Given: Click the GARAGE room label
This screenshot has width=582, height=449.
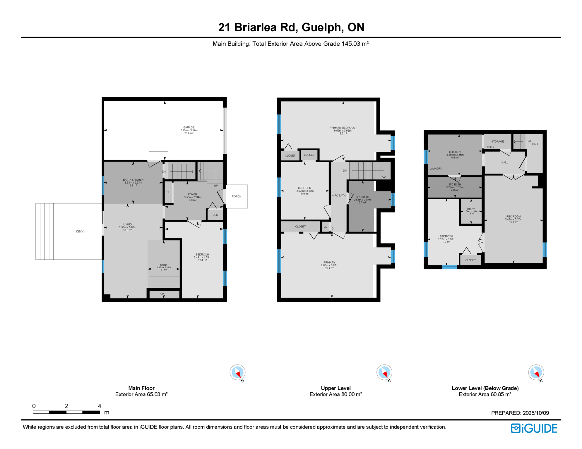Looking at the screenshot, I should [189, 128].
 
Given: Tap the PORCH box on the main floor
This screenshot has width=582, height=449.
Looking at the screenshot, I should [237, 196].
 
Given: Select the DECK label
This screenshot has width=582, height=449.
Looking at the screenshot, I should [80, 232].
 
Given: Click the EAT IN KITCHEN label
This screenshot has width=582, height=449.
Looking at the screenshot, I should [133, 180].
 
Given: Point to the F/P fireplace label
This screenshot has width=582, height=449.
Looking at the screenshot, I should [162, 294].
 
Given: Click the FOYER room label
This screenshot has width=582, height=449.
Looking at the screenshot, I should [193, 194].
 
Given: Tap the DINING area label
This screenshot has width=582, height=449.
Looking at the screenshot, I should [164, 265].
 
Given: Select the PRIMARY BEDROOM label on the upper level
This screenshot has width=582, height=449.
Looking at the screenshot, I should [343, 128].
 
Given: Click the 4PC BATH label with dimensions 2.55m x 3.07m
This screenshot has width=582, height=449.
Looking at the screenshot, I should [362, 197].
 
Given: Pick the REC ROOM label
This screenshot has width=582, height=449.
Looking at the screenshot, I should [513, 217].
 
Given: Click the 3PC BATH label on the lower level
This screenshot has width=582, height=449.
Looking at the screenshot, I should [455, 185].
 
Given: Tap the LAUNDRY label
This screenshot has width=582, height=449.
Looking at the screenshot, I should [436, 169].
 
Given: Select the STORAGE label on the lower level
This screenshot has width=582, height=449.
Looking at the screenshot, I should [497, 141].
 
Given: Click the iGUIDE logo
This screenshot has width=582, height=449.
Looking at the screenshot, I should [534, 428].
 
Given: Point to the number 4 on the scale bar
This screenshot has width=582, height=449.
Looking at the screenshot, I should [100, 406].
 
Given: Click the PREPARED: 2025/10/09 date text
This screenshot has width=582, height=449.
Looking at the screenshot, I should [520, 413].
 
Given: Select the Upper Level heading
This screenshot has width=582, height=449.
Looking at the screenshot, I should [335, 388].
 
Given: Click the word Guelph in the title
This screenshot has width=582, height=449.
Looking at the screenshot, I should [322, 27].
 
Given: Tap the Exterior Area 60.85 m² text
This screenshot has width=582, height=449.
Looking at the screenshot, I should [485, 394].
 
